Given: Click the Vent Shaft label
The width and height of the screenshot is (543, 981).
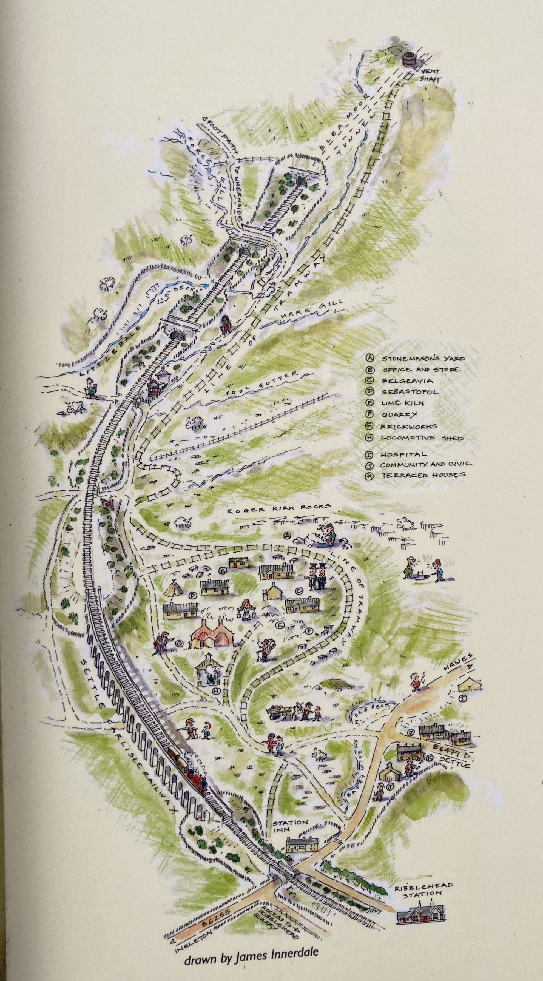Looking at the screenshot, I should tap(431, 75).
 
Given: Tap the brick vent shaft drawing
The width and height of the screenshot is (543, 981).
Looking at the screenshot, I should tap(409, 59).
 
